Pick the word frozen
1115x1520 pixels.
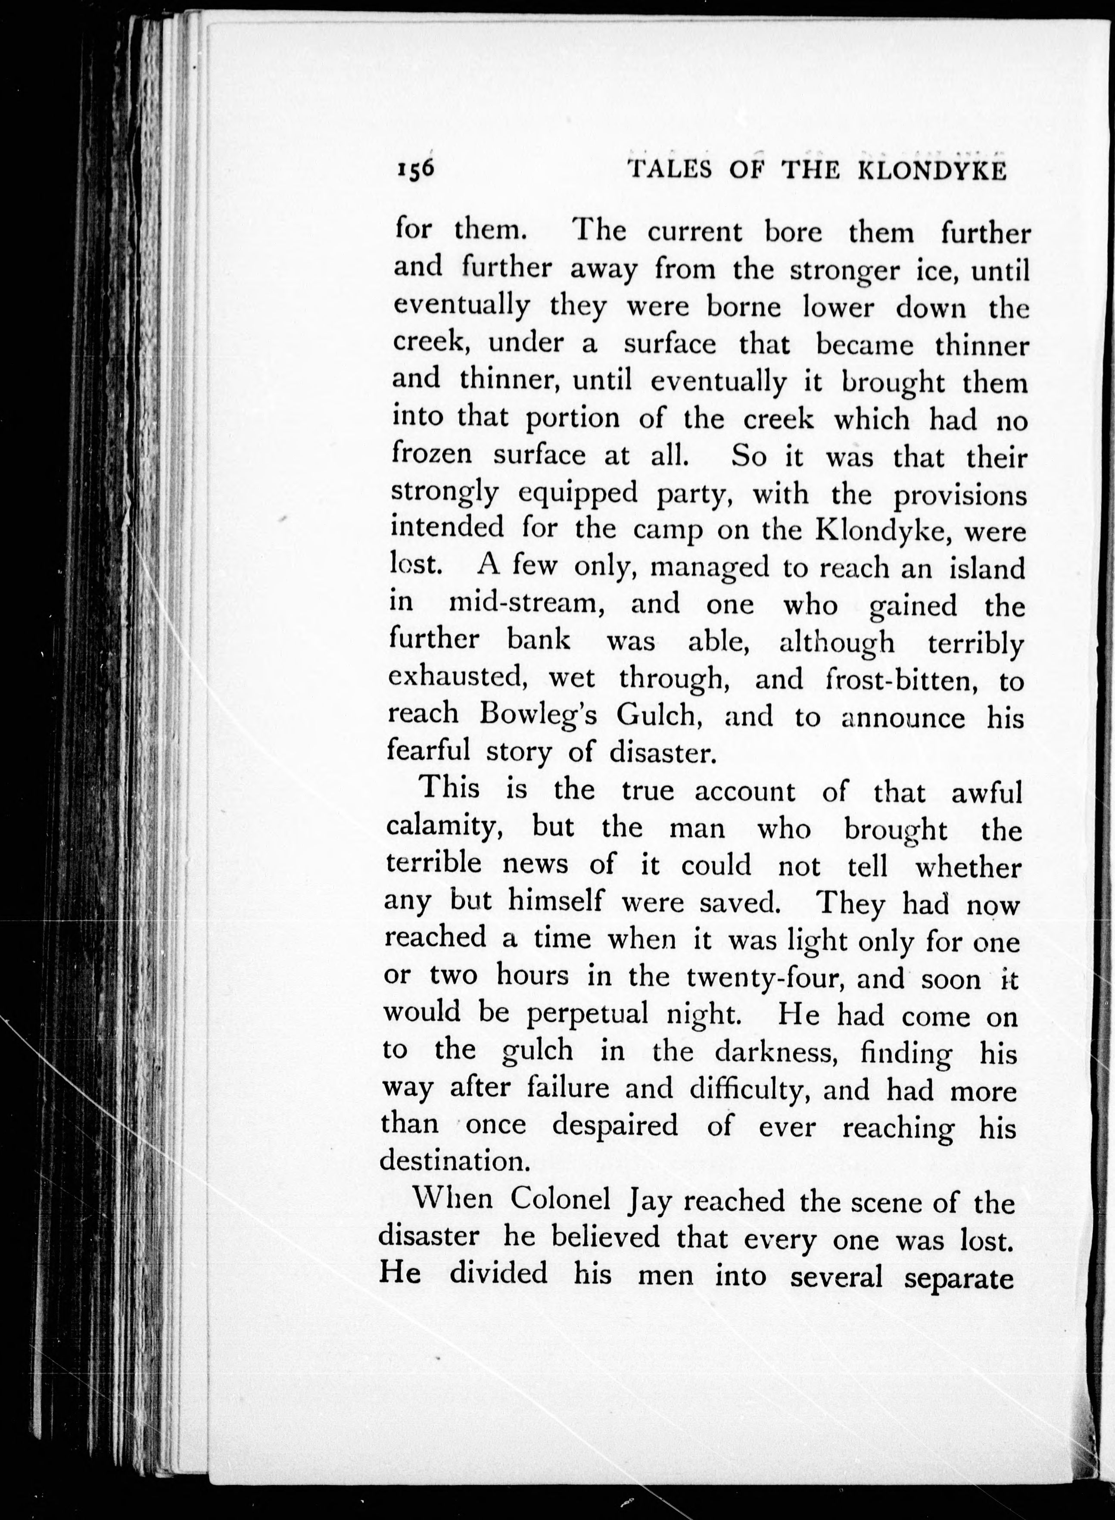point(433,454)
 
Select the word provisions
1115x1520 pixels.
point(960,495)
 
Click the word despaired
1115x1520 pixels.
point(615,1125)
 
